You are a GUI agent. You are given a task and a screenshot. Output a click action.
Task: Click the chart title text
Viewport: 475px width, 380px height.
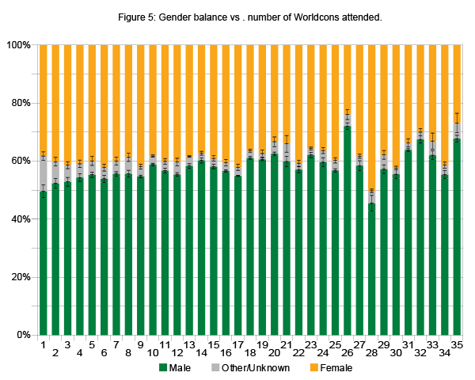(237, 17)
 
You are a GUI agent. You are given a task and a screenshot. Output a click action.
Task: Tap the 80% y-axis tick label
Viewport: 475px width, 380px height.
(20, 103)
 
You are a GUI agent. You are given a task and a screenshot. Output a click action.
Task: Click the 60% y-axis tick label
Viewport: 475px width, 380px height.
(20, 161)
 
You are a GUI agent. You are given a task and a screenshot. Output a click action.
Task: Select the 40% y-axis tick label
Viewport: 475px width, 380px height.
(20, 219)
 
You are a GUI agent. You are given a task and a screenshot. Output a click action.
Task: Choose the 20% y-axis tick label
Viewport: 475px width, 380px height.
(20, 277)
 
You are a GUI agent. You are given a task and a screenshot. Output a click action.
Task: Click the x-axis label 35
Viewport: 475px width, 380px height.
(457, 345)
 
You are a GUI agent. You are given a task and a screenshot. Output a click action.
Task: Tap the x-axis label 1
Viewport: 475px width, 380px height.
(43, 345)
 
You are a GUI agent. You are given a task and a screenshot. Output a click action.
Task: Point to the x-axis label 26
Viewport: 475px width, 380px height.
(348, 345)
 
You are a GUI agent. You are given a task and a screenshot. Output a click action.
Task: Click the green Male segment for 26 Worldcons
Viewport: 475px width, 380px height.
(348, 230)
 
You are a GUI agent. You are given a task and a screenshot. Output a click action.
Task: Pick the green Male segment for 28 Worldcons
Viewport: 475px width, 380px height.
(371, 269)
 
